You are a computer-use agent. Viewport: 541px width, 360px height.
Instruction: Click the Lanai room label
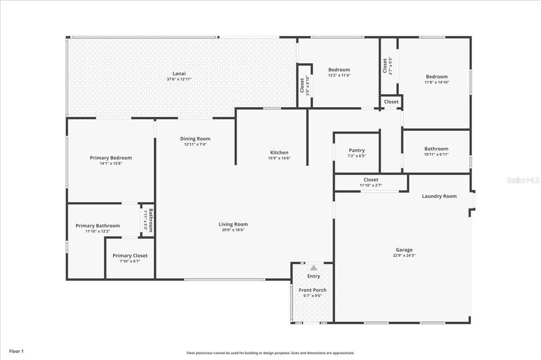click(x=179, y=73)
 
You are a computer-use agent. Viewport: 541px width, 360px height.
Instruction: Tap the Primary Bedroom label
click(x=111, y=158)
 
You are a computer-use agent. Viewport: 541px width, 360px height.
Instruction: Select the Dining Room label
click(x=195, y=139)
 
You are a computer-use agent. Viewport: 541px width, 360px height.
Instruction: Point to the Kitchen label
click(x=279, y=153)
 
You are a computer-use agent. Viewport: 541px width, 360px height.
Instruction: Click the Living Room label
click(x=233, y=224)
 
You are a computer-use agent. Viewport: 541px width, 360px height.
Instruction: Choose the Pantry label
click(x=357, y=150)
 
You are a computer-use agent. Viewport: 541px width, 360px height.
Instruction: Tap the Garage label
click(x=404, y=250)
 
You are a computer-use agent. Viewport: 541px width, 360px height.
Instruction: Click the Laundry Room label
click(x=439, y=196)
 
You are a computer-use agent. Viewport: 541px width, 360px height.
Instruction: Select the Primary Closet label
click(x=130, y=255)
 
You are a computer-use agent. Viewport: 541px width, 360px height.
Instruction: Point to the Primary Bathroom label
click(x=98, y=226)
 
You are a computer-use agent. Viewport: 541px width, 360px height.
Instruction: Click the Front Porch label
click(x=313, y=290)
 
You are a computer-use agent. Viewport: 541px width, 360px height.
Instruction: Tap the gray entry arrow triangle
click(x=313, y=268)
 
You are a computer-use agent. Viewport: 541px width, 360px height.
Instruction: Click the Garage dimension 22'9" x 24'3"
click(x=404, y=255)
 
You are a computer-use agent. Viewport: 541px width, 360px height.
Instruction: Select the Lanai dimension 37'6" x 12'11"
click(x=179, y=79)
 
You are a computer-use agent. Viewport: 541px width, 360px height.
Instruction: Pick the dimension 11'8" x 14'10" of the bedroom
click(x=437, y=82)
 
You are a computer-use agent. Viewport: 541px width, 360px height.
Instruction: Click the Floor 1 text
click(x=16, y=352)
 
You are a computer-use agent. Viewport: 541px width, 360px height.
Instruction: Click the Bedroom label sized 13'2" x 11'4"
click(x=339, y=70)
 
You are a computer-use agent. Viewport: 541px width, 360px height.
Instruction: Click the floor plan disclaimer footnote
click(x=270, y=353)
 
